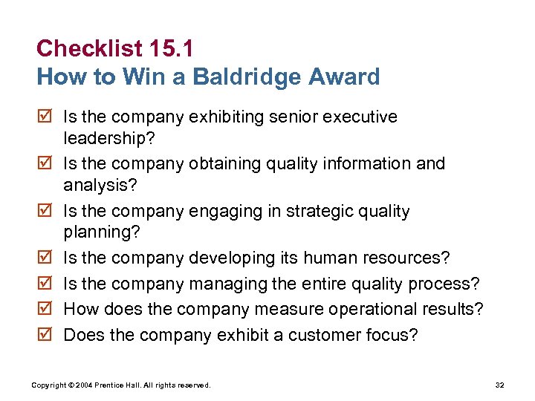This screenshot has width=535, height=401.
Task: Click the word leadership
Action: [103, 138]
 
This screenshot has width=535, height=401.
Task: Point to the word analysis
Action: [94, 185]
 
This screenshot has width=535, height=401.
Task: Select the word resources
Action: [412, 258]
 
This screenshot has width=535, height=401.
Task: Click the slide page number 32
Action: [499, 385]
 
